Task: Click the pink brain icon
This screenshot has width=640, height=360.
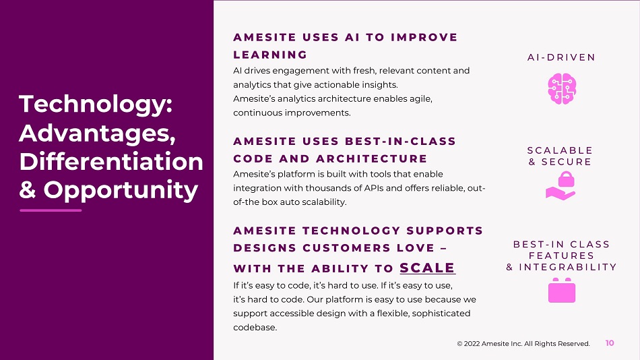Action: point(562,89)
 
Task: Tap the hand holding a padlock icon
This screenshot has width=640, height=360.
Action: point(561,186)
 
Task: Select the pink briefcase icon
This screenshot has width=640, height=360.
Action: point(562,290)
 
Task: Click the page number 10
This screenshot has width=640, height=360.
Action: point(610,343)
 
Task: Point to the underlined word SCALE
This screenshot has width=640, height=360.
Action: point(427,268)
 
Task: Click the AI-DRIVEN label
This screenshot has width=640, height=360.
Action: point(561,57)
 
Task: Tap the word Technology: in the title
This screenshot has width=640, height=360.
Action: point(96,105)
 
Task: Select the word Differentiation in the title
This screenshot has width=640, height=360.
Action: point(111,161)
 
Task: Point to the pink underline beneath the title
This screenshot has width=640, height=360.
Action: point(51,210)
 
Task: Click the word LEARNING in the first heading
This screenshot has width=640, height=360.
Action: point(270,55)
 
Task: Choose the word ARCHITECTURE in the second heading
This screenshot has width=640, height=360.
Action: point(371,158)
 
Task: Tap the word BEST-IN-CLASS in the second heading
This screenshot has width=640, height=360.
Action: point(400,141)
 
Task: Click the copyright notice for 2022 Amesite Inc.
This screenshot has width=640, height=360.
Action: point(523,344)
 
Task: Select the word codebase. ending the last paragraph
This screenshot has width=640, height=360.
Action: point(255,328)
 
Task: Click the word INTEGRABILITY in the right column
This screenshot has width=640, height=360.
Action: point(568,267)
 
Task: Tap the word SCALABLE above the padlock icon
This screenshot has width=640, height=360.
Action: point(560,150)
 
